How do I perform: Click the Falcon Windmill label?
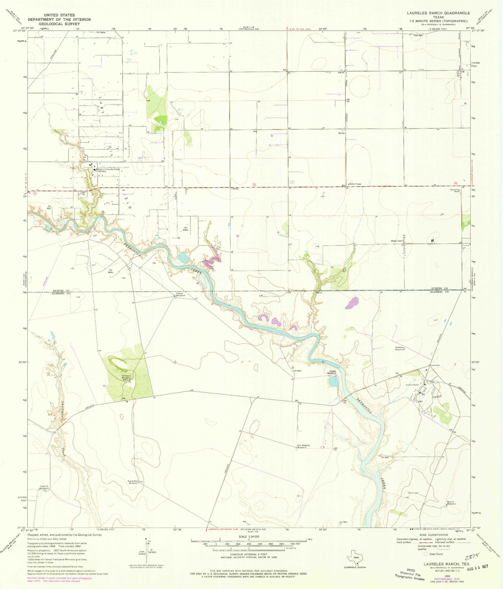click(180, 294)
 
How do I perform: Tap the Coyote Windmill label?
click(335, 372)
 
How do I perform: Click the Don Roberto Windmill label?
click(304, 446)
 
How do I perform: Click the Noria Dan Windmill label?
click(134, 482)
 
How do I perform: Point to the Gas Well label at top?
click(418, 35)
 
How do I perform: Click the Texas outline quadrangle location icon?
click(354, 558)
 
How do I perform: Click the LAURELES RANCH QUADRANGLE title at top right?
click(439, 13)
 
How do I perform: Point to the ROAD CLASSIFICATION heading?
click(433, 535)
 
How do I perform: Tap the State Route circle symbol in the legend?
click(425, 553)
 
